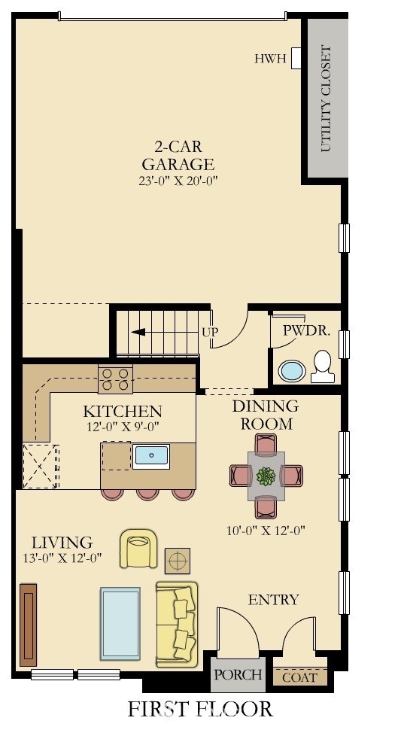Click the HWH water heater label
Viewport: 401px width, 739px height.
click(270, 59)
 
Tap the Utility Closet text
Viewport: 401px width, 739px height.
click(326, 99)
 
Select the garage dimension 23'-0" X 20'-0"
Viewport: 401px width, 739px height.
click(179, 181)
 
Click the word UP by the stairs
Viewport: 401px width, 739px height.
click(210, 332)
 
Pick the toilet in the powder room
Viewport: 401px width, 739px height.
click(323, 366)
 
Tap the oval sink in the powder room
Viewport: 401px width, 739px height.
click(292, 371)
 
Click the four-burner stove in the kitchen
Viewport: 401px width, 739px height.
click(115, 379)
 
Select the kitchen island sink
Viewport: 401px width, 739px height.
click(151, 456)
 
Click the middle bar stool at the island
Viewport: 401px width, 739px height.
click(147, 494)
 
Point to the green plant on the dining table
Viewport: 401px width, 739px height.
click(266, 476)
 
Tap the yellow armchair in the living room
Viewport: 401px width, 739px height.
click(138, 548)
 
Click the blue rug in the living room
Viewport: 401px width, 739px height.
click(120, 624)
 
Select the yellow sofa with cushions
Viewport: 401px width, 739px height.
click(177, 625)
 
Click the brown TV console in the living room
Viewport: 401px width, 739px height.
click(29, 625)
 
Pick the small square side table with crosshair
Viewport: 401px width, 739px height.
click(178, 561)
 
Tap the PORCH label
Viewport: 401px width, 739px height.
click(238, 674)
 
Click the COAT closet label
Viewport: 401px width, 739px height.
click(299, 678)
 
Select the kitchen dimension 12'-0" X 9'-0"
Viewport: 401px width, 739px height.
click(123, 427)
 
